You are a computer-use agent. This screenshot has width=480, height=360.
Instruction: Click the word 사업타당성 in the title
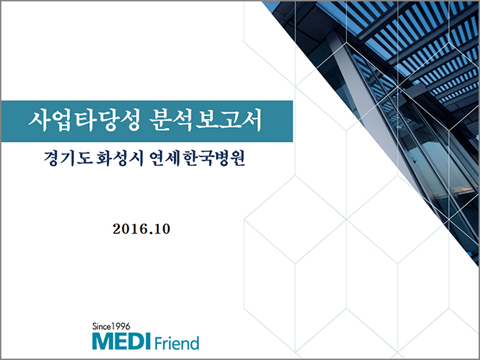(84, 120)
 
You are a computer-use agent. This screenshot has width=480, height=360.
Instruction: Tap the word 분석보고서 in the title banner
(206, 120)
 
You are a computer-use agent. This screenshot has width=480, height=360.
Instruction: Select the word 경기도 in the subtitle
(69, 158)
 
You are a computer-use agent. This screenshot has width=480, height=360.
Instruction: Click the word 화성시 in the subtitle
(120, 158)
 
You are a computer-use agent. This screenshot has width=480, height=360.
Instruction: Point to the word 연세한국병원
(197, 158)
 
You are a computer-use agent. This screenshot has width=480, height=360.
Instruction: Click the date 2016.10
(141, 229)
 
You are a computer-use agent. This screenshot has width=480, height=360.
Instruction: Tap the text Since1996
(111, 326)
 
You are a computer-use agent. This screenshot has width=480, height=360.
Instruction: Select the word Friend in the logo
(177, 343)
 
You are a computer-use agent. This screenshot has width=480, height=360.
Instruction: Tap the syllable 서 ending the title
(252, 120)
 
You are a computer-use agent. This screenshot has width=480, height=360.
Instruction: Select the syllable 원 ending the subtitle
(238, 158)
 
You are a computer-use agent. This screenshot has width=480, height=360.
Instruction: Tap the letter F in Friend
(158, 343)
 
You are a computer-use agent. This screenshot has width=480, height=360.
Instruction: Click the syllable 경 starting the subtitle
(51, 158)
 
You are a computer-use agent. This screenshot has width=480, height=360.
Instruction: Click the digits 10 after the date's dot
(163, 229)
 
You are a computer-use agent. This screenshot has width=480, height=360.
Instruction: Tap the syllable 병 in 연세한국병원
(221, 158)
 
